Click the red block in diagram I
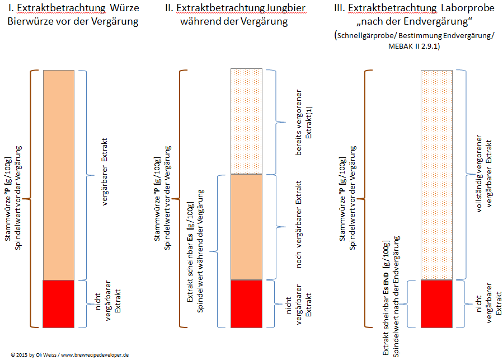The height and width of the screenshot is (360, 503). point(58,303)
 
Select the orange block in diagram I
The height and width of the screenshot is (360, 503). point(58,175)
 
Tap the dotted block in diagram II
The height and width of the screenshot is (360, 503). point(246,121)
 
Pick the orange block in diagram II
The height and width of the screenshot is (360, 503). point(246,226)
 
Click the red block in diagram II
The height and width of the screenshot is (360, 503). point(246,303)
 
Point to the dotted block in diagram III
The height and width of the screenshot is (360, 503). point(436,175)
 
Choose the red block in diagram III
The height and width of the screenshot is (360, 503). point(436,303)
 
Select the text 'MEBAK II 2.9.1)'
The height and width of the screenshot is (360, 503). point(413,47)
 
